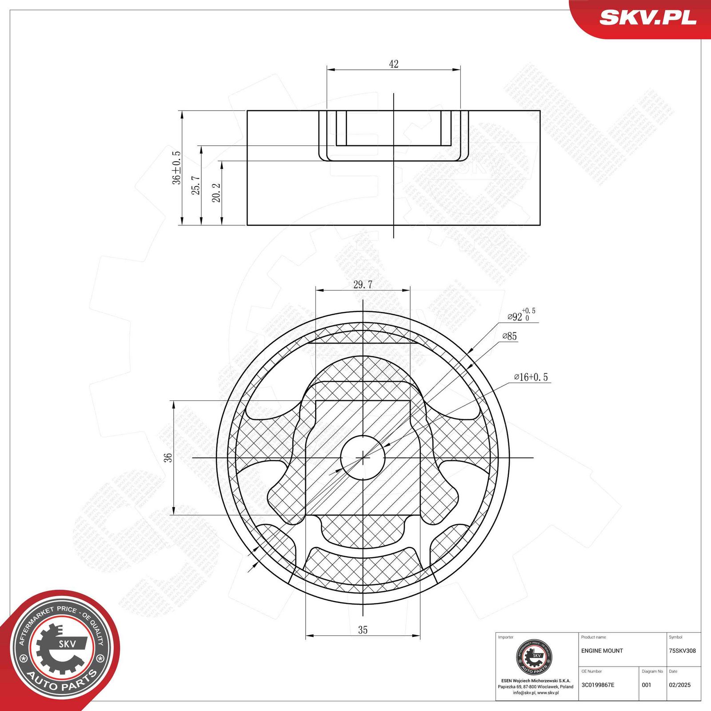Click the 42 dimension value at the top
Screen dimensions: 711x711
(x=394, y=64)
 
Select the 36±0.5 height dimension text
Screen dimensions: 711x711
(x=176, y=168)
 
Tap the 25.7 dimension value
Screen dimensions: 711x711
(x=196, y=185)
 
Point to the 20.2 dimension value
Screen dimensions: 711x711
(x=216, y=193)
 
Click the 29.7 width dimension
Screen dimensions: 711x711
(x=363, y=284)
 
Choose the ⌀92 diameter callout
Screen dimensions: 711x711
(x=521, y=316)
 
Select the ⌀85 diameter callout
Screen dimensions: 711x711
(x=510, y=336)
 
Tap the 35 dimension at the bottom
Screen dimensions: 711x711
(x=363, y=630)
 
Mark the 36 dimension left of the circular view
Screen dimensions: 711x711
(x=168, y=458)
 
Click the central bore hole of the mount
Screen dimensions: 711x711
(x=363, y=457)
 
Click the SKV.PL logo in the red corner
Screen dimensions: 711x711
(x=647, y=18)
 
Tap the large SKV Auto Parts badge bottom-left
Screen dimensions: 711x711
(x=60, y=649)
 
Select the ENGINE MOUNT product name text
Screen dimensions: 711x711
(x=602, y=651)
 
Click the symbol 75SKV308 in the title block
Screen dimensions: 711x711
(x=682, y=651)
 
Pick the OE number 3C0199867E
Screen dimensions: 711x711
(x=598, y=685)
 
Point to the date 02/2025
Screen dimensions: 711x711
(x=679, y=685)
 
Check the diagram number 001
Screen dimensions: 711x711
(x=646, y=685)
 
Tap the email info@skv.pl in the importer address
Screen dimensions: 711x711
(x=523, y=692)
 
